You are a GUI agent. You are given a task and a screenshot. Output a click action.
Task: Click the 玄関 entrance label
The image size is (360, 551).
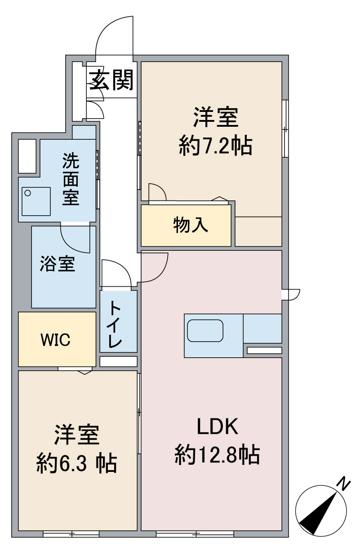tap(111, 80)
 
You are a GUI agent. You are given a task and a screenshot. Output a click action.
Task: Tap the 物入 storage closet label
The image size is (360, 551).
tap(191, 225)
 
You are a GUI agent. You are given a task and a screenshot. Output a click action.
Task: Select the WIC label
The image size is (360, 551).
tap(56, 340)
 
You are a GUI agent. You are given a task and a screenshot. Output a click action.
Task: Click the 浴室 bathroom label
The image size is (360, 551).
tap(58, 263)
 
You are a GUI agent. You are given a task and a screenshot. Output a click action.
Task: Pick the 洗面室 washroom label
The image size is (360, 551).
tap(71, 179)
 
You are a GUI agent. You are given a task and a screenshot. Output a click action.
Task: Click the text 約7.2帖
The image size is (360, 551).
tap(215, 146)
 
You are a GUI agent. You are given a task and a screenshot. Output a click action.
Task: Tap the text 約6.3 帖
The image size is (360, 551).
tap(76, 463)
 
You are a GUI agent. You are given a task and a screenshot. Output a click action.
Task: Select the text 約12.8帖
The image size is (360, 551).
tap(217, 454)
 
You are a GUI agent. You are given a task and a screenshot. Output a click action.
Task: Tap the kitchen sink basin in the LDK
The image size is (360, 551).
tap(205, 331)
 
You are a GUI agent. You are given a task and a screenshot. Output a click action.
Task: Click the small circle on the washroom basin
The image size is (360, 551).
tap(27, 193)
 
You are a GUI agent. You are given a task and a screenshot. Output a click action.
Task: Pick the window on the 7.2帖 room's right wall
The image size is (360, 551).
tap(285, 128)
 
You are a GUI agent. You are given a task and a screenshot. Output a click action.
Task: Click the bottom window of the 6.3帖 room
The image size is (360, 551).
tap(71, 532)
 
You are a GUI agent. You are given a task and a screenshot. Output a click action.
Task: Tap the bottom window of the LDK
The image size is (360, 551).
tap(195, 532)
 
